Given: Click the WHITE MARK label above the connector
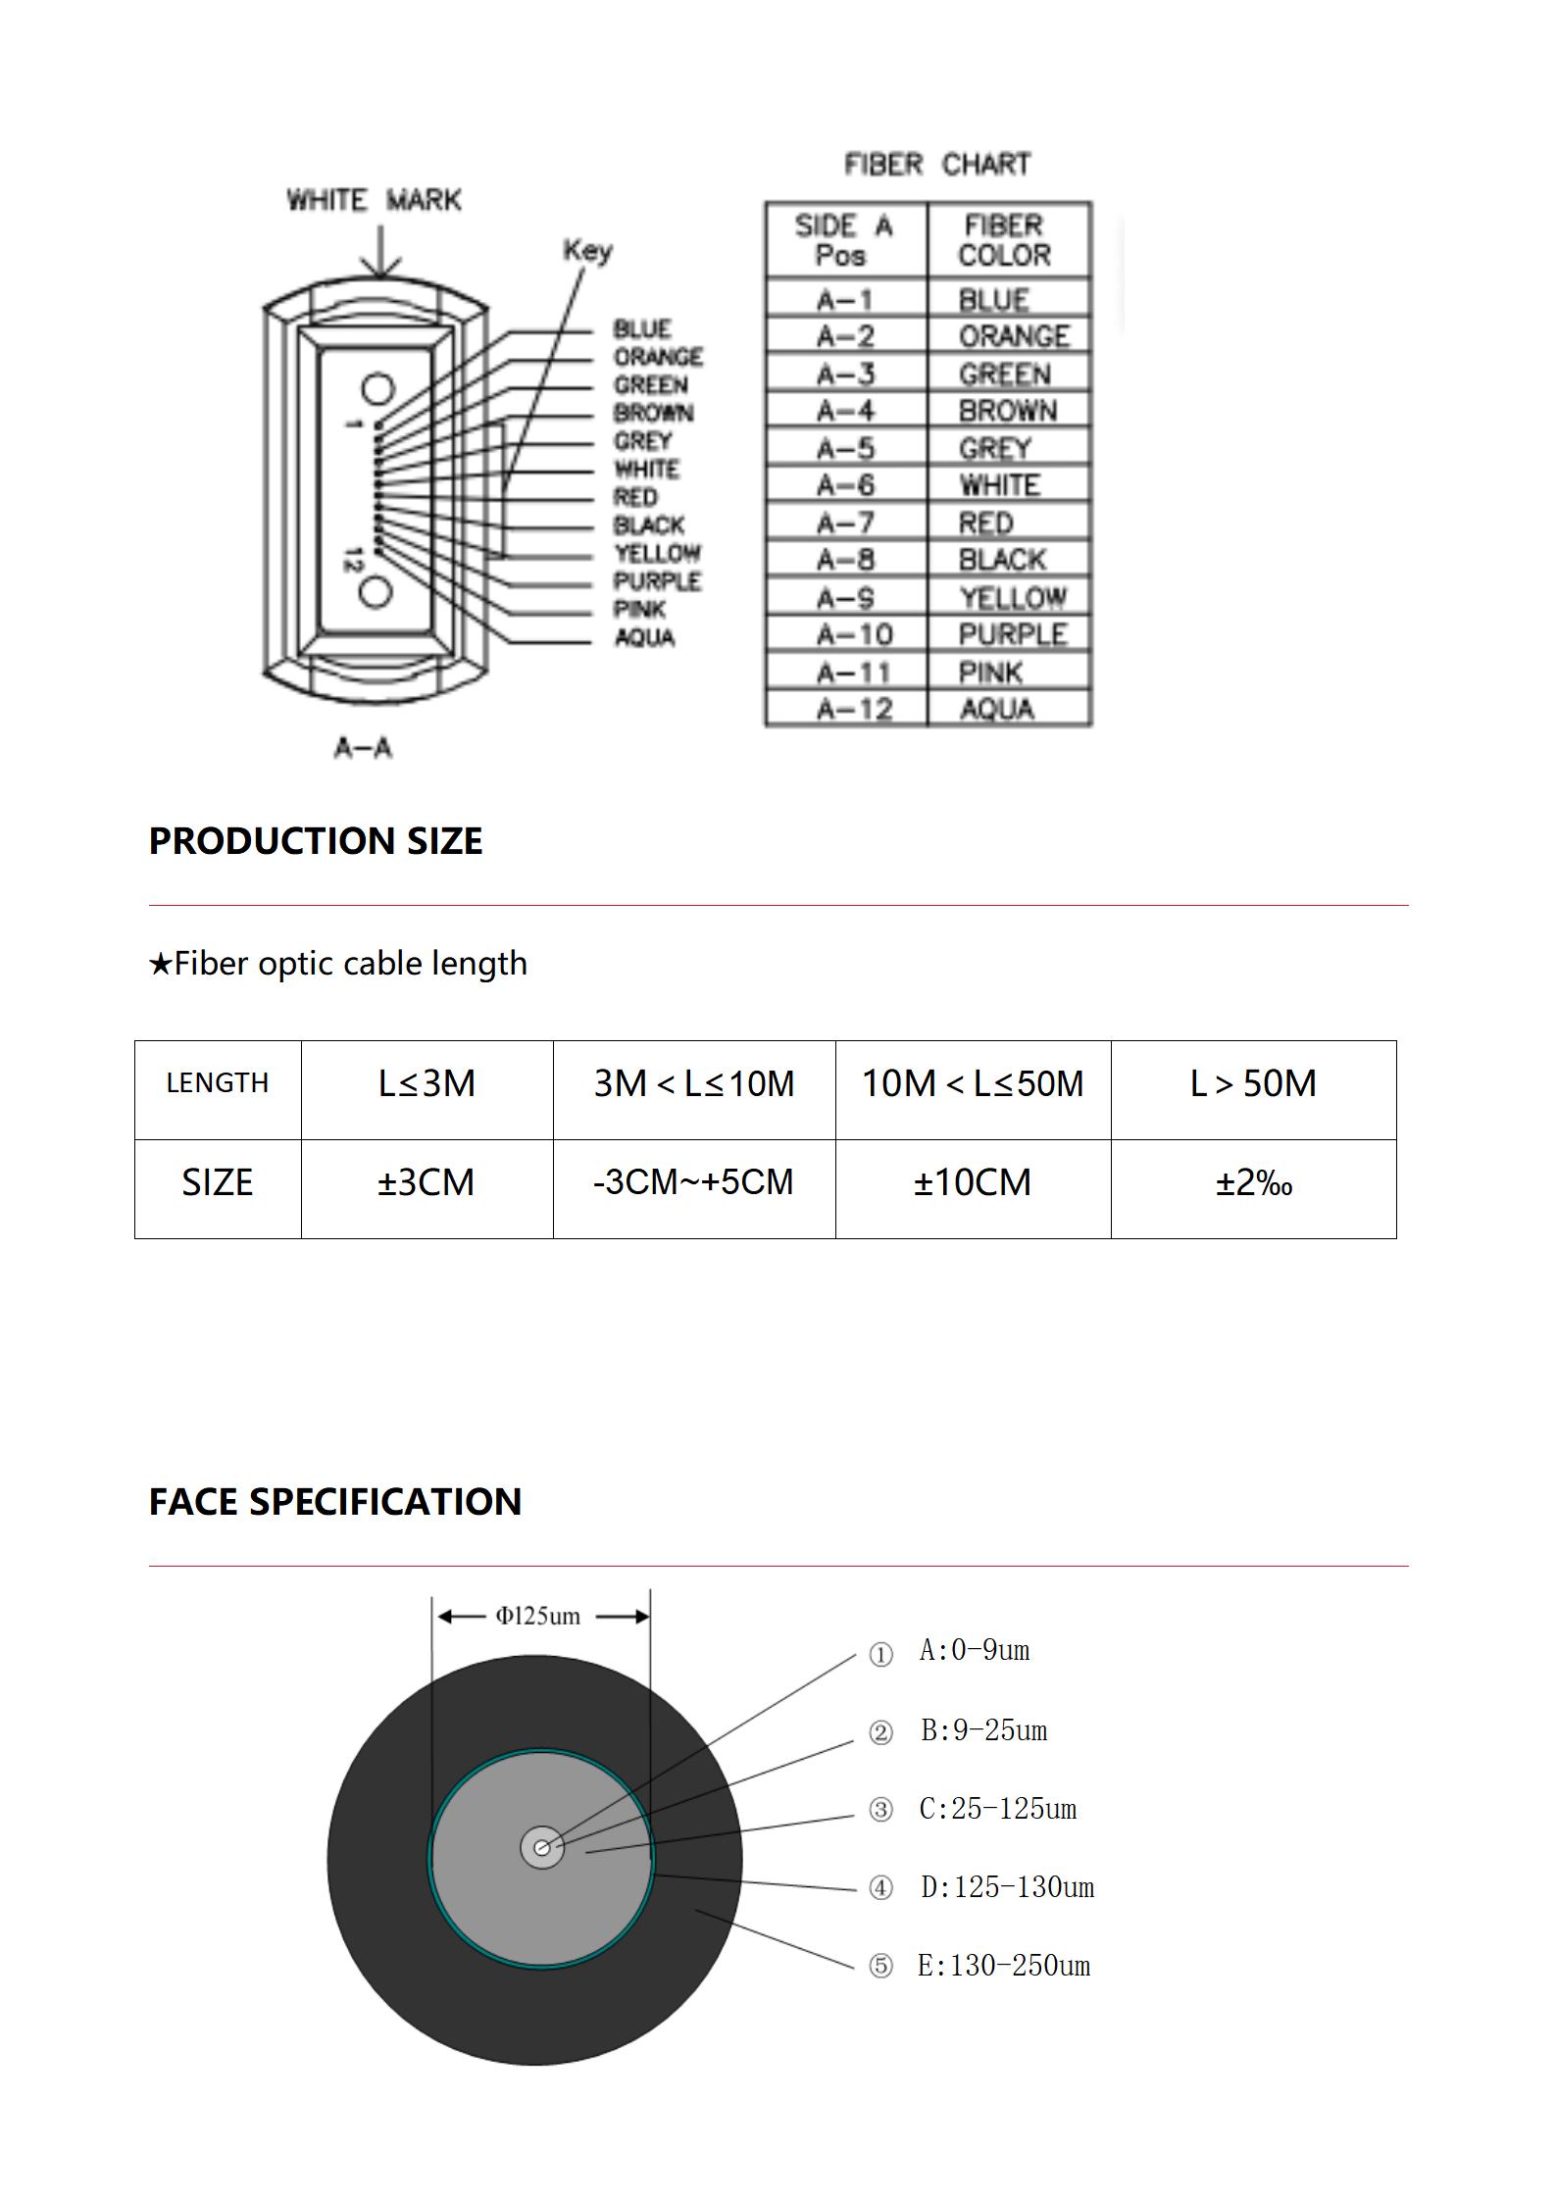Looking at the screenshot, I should pos(374,200).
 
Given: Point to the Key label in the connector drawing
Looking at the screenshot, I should pos(587,251).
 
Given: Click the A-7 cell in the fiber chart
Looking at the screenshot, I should pos(845,524).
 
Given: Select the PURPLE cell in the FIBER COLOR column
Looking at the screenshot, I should pos(1012,635).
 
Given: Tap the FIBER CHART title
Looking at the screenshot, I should pos(937,164).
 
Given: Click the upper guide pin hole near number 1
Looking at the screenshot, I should pos(376,389).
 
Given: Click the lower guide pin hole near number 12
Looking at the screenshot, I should pos(376,592).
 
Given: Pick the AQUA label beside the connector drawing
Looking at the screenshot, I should pos(644,638).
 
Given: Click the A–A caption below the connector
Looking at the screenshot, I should pos(363,748).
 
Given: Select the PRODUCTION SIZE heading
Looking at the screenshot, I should pos(315,841).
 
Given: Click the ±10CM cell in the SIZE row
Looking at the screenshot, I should pos(972,1182).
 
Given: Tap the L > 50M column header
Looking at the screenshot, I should pos(1252,1083).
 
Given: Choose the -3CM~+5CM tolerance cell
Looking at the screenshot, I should pos(693,1182).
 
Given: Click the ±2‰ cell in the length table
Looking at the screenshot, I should pos(1253,1183).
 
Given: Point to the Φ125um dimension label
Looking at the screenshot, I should pos(537,1616).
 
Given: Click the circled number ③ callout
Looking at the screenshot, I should pos(880,1809).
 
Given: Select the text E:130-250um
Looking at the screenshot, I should pos(1003,1966).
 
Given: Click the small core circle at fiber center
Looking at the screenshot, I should pos(541,1848).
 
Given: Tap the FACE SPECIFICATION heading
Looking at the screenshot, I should pos(334,1502).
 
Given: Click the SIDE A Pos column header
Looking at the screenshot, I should pos(843,240).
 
